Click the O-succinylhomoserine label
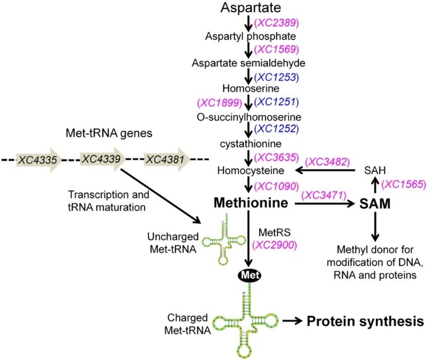(248, 116)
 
